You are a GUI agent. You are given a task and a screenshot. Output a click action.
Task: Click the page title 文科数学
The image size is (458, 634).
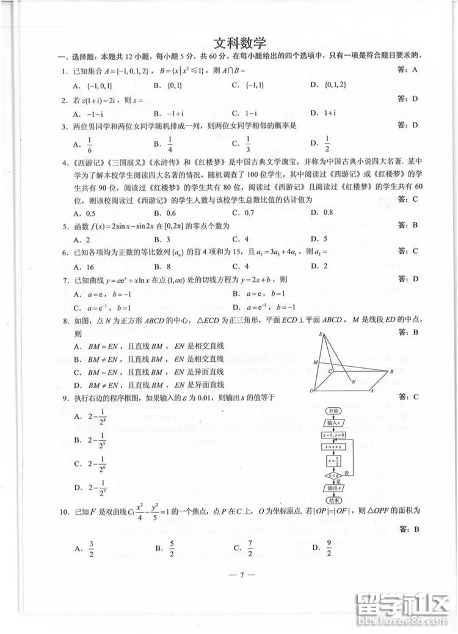[x=240, y=43]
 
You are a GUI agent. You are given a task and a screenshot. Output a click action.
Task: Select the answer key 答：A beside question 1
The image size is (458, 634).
[x=407, y=70]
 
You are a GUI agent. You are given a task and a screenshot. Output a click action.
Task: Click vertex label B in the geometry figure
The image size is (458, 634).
[x=391, y=370]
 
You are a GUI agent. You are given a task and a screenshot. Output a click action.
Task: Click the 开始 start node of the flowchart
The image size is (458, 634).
[x=333, y=411]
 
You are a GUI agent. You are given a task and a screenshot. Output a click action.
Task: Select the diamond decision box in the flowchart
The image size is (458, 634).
[x=333, y=475]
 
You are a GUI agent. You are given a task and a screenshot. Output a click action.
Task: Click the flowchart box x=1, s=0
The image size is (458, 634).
[x=333, y=435]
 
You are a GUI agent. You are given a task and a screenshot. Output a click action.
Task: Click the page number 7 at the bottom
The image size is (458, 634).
[x=242, y=575]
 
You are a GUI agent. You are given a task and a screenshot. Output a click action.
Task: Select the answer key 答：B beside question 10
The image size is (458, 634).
[x=407, y=528]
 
